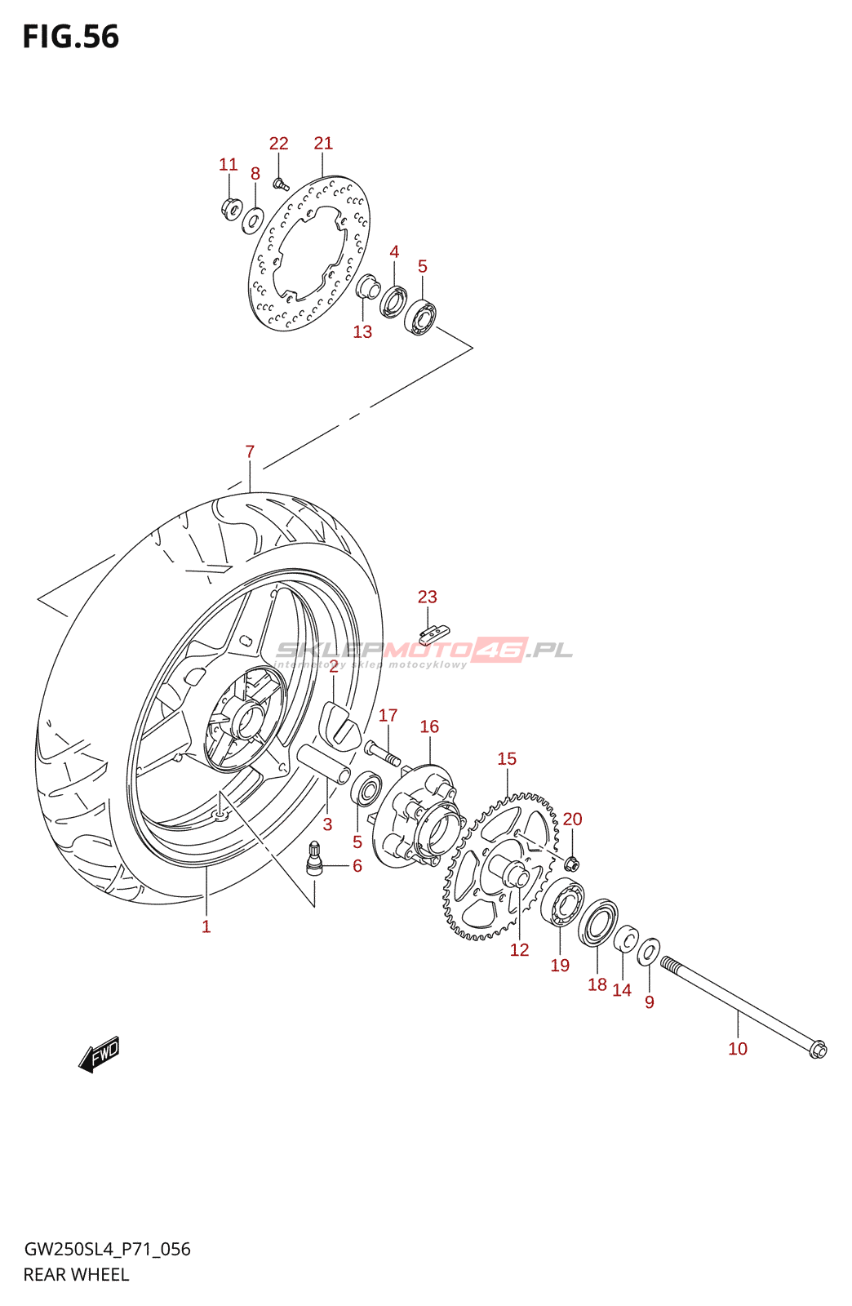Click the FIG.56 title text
71,37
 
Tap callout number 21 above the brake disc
323,144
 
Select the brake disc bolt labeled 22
280,183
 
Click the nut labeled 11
230,208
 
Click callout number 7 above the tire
250,451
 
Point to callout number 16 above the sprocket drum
429,726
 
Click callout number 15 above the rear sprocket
507,759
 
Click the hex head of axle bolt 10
817,1050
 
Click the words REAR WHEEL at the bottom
76,1275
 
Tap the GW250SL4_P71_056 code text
107,1249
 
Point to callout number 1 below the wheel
206,926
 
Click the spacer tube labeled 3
324,764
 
